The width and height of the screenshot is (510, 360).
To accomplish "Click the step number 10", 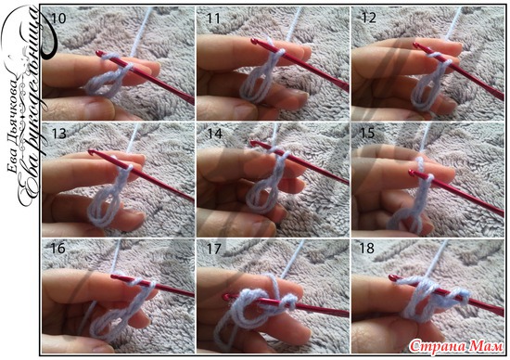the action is pyautogui.click(x=58, y=19).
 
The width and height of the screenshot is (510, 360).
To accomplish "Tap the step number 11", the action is pyautogui.click(x=213, y=19).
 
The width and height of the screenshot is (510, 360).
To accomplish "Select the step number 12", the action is pyautogui.click(x=369, y=18).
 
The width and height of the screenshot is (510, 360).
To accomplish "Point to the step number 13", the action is pyautogui.click(x=59, y=134).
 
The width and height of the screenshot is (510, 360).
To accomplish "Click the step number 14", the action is pyautogui.click(x=214, y=134).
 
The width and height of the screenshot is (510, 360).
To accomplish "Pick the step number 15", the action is pyautogui.click(x=367, y=133).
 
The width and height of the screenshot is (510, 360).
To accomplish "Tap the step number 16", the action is pyautogui.click(x=57, y=249).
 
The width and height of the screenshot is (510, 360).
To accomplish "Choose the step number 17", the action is pyautogui.click(x=213, y=250).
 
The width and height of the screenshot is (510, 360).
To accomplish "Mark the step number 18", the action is pyautogui.click(x=366, y=249).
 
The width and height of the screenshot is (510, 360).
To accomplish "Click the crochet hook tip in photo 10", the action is pyautogui.click(x=98, y=53).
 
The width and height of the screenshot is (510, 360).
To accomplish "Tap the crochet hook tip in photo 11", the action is pyautogui.click(x=253, y=41).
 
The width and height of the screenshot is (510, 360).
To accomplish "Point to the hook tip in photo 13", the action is pyautogui.click(x=91, y=151).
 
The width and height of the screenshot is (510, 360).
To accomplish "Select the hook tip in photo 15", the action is pyautogui.click(x=411, y=172).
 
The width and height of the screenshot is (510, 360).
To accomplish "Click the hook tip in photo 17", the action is pyautogui.click(x=225, y=297).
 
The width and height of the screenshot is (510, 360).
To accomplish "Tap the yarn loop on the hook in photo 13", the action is pyautogui.click(x=128, y=168).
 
